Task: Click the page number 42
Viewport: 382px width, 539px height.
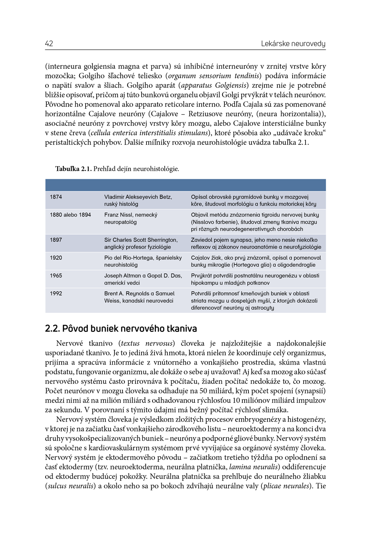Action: pyautogui.click(x=49, y=43)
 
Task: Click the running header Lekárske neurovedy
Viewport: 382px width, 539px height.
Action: pyautogui.click(x=293, y=44)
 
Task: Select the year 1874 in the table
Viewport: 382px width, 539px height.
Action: pyautogui.click(x=56, y=197)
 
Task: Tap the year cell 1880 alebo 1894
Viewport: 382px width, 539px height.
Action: pyautogui.click(x=70, y=215)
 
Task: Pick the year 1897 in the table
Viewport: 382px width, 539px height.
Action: pyautogui.click(x=56, y=240)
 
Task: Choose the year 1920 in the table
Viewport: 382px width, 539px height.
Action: pyautogui.click(x=56, y=258)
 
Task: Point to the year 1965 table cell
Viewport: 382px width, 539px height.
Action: pyautogui.click(x=56, y=276)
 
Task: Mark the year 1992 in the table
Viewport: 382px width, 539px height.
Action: pyautogui.click(x=56, y=293)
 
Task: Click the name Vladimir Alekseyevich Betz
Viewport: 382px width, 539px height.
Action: pyautogui.click(x=138, y=197)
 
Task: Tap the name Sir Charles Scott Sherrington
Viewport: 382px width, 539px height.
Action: pyautogui.click(x=141, y=240)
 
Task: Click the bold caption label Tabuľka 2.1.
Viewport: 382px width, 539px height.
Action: pyautogui.click(x=73, y=169)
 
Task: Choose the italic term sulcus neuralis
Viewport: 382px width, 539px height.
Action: pyautogui.click(x=70, y=486)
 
